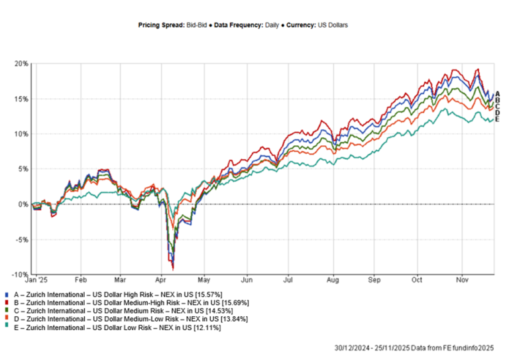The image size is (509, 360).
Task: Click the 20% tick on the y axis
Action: pos(23,64)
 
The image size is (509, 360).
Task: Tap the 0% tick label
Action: pos(24,204)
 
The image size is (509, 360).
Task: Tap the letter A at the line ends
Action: pos(496,94)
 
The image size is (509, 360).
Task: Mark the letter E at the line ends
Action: pos(496,119)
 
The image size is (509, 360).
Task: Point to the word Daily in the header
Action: pos(272,25)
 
